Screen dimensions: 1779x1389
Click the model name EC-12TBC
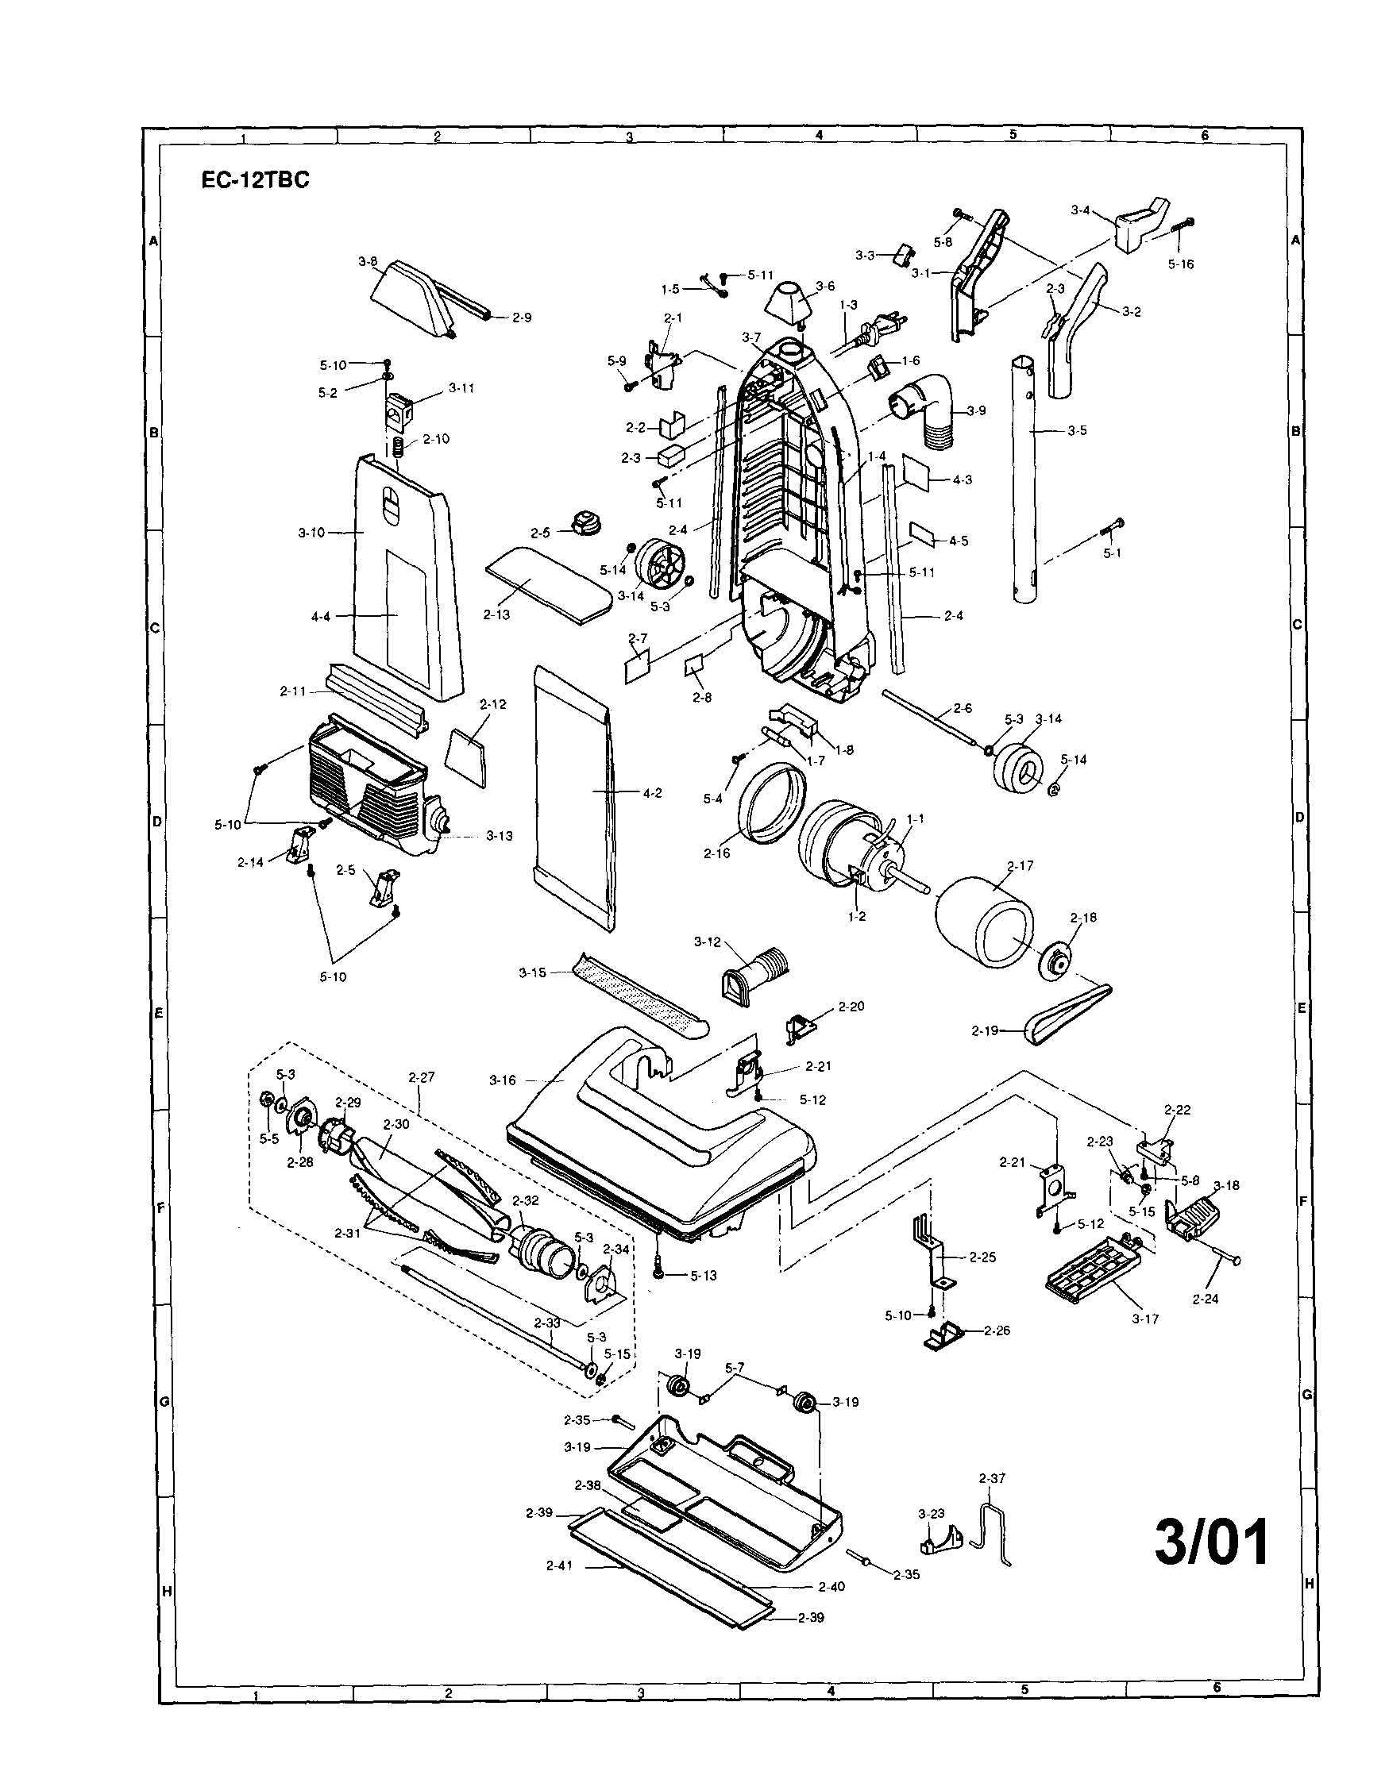[x=255, y=181]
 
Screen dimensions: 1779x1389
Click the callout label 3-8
[x=368, y=262]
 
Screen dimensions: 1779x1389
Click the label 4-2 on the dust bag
[x=652, y=791]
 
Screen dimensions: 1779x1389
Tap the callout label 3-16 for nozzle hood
[x=503, y=1080]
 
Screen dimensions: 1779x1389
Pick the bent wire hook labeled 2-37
[x=992, y=1527]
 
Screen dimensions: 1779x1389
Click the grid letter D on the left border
[x=157, y=821]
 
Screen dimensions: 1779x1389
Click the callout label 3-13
[x=500, y=836]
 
